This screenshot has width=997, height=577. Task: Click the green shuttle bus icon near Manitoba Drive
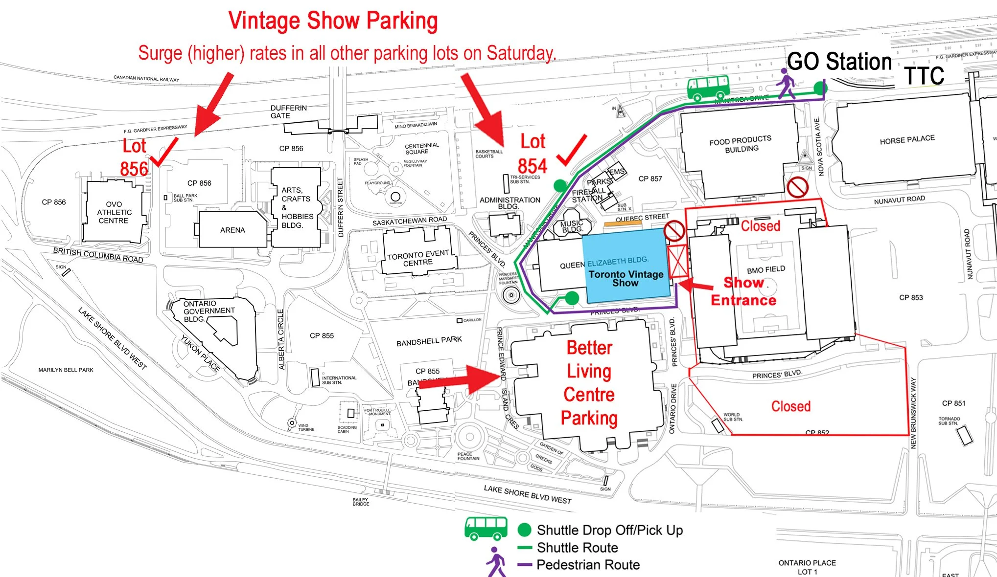(x=708, y=87)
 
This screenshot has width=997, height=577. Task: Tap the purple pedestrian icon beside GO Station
(x=786, y=84)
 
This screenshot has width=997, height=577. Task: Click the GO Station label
(x=839, y=62)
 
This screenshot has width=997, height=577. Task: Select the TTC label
(x=924, y=76)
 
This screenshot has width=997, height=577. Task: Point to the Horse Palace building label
(x=907, y=140)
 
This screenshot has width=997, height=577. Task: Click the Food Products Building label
(x=741, y=144)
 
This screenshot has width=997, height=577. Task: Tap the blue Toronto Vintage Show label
(x=626, y=278)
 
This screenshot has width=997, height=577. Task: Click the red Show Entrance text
(x=743, y=291)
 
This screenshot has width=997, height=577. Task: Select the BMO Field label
(x=765, y=269)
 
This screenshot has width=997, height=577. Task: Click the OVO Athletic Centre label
(x=114, y=212)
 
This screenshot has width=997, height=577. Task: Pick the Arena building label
(x=232, y=230)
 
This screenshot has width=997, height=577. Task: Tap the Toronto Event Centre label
(x=418, y=258)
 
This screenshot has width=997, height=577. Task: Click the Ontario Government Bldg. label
(x=209, y=311)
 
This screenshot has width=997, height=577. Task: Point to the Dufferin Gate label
(x=288, y=111)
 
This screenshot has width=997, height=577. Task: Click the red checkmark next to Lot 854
(x=572, y=150)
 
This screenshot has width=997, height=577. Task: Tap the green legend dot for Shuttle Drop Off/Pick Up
(x=524, y=530)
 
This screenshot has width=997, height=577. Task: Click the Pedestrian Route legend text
(x=588, y=565)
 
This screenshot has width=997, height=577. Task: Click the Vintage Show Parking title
(x=333, y=21)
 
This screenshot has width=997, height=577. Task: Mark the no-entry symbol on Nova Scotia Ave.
(x=797, y=187)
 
